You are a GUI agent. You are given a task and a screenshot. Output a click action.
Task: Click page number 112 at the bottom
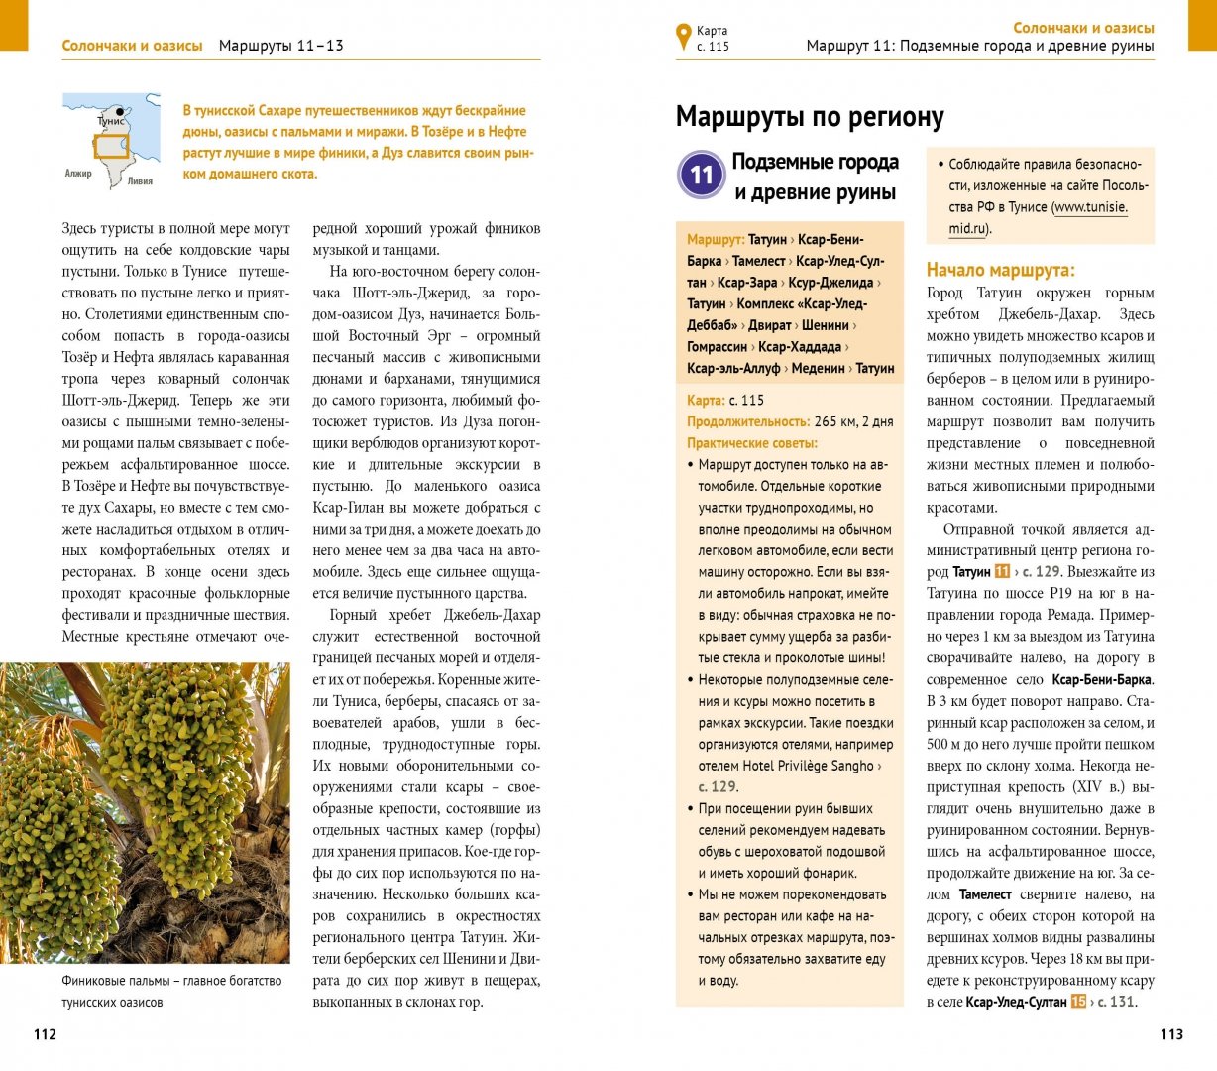pos(46,1034)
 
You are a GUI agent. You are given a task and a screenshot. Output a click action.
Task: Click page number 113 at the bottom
pos(1171,1034)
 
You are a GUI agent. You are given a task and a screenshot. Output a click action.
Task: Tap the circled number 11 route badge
pos(702,176)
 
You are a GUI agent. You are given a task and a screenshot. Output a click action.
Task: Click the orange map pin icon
pos(683,37)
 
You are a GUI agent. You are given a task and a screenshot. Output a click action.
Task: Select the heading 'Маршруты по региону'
pos(810,117)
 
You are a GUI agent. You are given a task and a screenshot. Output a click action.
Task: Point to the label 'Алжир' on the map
pos(78,174)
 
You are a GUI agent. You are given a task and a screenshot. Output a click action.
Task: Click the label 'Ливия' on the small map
pos(141,181)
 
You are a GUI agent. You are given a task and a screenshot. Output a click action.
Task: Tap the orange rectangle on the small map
pos(111,146)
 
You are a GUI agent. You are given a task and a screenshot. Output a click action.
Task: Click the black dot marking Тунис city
pos(120,111)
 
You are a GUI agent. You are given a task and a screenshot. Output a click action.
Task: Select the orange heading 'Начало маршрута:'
pos(1000,270)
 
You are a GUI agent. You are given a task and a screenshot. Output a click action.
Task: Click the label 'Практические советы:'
pos(752,443)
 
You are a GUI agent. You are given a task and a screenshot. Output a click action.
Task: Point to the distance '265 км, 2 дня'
pos(853,421)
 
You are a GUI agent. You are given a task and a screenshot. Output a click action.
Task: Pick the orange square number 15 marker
pos(1078,1002)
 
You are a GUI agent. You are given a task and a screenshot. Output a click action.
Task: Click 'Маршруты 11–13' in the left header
pos(280,46)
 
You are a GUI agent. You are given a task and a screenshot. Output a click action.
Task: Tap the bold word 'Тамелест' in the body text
pos(985,894)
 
